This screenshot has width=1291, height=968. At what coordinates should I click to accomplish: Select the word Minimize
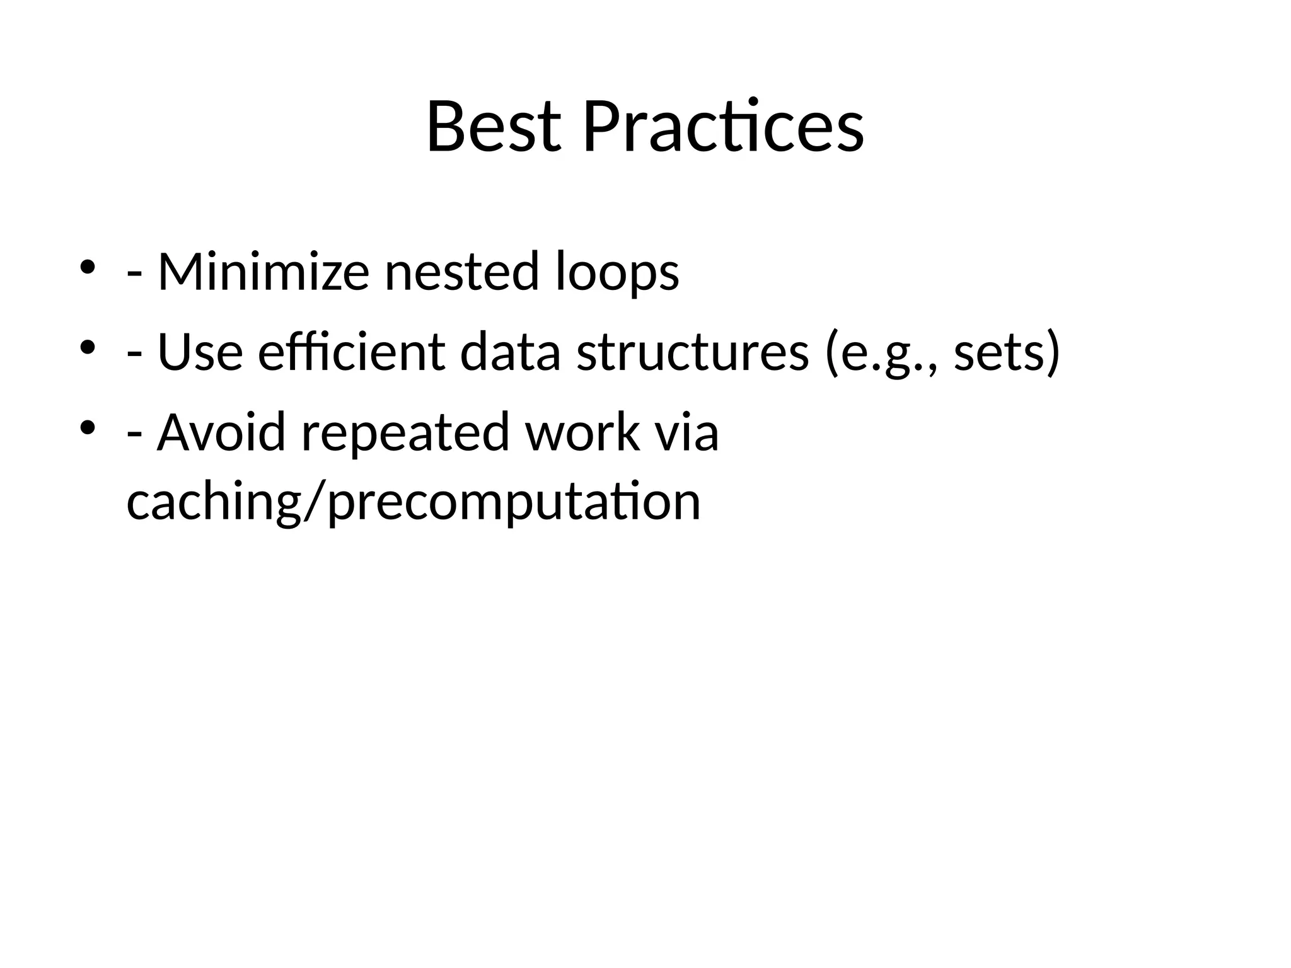click(x=263, y=272)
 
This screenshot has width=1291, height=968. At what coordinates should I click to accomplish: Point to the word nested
click(x=461, y=272)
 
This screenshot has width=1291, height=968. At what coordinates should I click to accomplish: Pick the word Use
click(x=200, y=352)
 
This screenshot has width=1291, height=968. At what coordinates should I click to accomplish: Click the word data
click(x=510, y=352)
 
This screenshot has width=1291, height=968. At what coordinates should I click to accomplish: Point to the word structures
click(x=692, y=352)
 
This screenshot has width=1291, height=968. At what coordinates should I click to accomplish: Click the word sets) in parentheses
click(x=1007, y=354)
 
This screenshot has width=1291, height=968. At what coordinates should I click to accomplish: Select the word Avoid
click(x=221, y=433)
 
